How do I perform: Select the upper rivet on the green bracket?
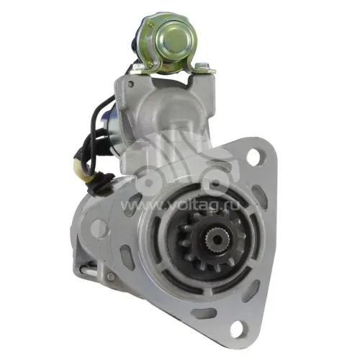coord(150,24)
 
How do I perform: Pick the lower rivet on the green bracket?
coord(150,64)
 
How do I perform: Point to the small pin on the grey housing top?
coord(131,84)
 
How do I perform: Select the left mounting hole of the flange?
coord(99,227)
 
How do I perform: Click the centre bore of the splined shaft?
coord(217,238)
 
